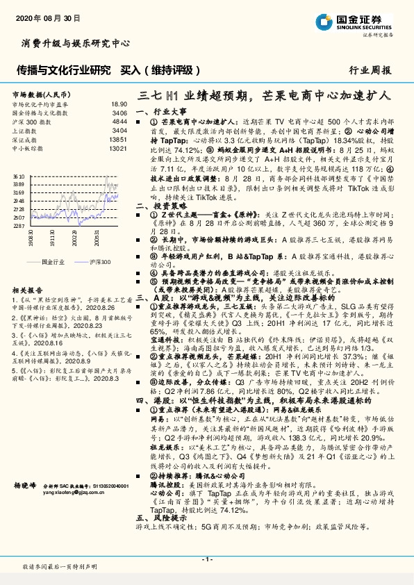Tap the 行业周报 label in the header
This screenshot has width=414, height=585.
pos(370,70)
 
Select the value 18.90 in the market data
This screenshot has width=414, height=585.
pos(119,103)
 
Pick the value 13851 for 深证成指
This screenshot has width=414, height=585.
pos(118,140)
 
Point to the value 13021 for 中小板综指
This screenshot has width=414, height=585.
pos(118,149)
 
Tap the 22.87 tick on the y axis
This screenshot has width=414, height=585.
pos(19,225)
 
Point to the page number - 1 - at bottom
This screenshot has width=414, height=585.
pos(207,559)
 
